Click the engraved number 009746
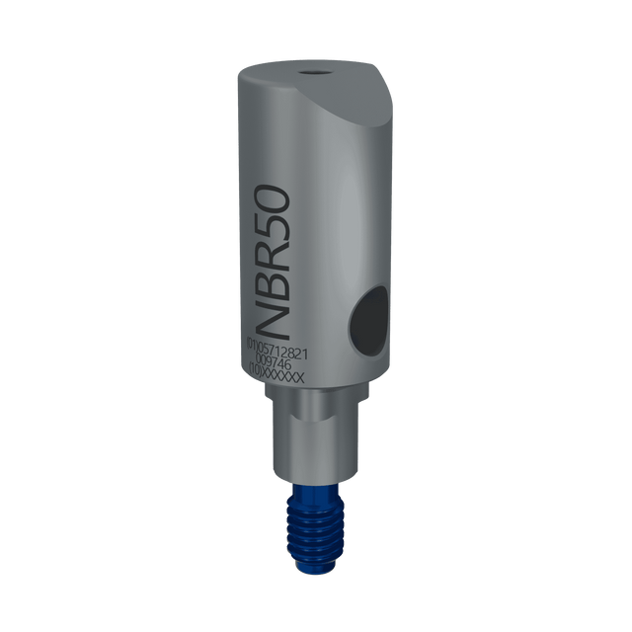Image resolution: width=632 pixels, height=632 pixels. point(280,361)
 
